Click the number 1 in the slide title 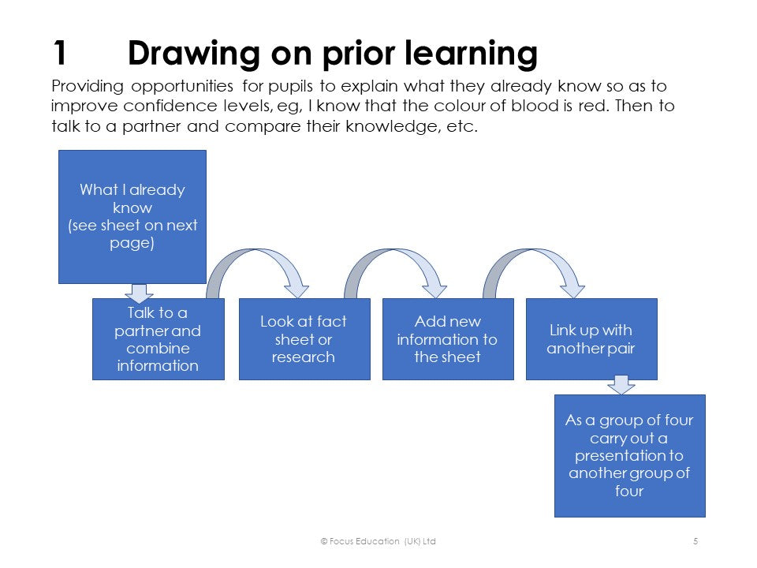click(x=60, y=54)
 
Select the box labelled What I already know click(x=132, y=216)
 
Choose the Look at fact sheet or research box click(x=304, y=339)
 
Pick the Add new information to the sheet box click(x=447, y=339)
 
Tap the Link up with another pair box click(x=591, y=339)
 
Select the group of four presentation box click(x=629, y=455)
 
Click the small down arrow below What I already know click(x=139, y=293)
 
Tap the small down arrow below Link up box click(x=621, y=385)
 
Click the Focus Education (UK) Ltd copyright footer click(x=378, y=541)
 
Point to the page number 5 click(x=695, y=541)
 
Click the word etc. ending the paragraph click(x=463, y=126)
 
